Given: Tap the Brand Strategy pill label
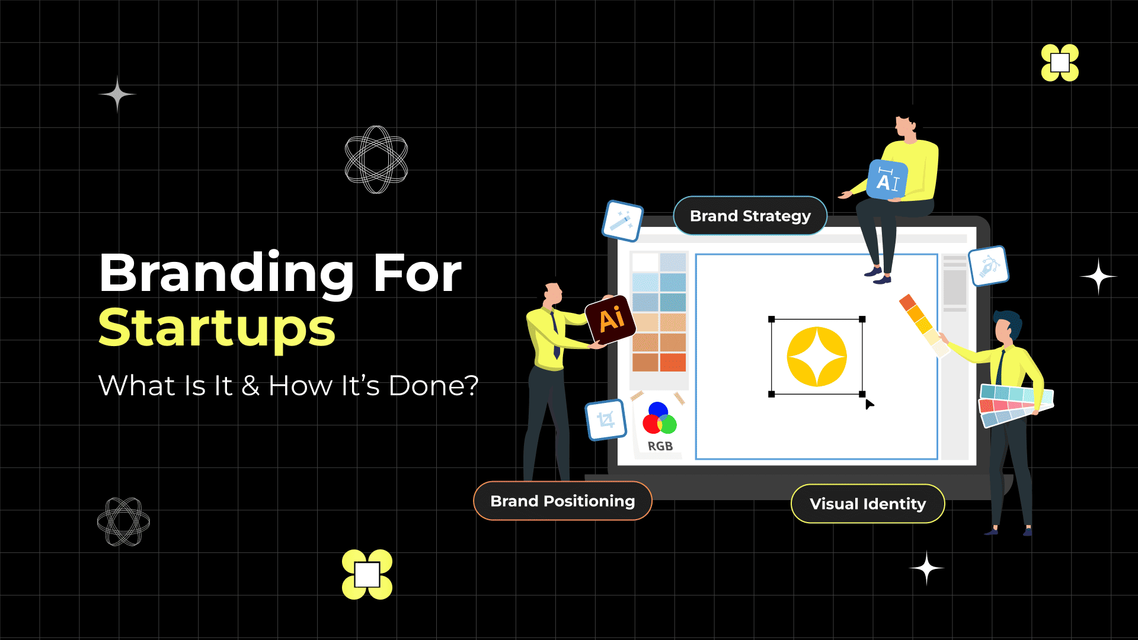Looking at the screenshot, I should coord(750,216).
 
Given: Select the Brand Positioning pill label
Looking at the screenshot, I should coord(562,501).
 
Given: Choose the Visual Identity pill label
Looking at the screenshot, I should coord(868,504).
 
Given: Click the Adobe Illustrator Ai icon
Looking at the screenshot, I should coord(610,319).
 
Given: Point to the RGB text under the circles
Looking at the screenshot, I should coord(660,446).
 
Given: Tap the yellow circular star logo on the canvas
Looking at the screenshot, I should coord(817,357).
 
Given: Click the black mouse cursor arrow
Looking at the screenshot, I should coord(869,405).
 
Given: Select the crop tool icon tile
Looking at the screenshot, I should coord(606,420).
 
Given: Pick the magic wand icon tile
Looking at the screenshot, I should coord(622,221).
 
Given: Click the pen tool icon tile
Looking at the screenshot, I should coord(988,266).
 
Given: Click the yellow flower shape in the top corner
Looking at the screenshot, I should coord(1060,63).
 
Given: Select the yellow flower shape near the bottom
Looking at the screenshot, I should coord(367,574).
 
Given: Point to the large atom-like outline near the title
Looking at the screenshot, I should coord(376,159).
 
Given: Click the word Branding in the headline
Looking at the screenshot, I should coord(226,273).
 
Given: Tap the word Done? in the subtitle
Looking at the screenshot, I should coord(433,386).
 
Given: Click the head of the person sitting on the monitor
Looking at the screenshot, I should coord(904,123).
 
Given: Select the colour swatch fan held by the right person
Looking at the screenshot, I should coord(1015,404).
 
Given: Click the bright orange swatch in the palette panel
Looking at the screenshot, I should coord(673,362).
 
